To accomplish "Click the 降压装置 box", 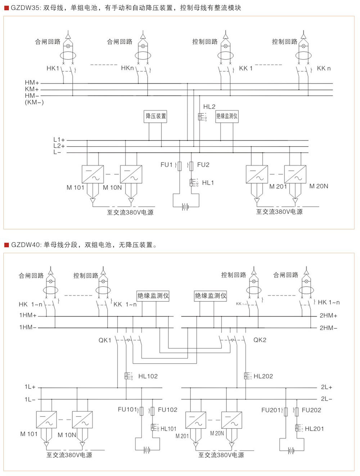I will click(156, 116).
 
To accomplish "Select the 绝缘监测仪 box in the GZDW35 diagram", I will click(227, 116).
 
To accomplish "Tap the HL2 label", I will click(209, 107).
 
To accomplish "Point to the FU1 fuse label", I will click(166, 165).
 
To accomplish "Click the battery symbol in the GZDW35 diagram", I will click(185, 207).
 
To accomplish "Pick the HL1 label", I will click(208, 183).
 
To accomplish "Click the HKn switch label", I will click(127, 68).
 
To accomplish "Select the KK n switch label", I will click(324, 68).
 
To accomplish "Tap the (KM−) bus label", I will click(34, 102).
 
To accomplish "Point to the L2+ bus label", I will click(59, 146).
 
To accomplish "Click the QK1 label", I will click(105, 340).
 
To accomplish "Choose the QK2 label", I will click(260, 340).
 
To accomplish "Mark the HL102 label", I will click(148, 376).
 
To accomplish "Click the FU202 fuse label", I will click(311, 410).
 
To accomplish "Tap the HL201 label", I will click(314, 429).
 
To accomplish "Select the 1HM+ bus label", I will click(28, 315).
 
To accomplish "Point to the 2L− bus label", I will click(327, 399).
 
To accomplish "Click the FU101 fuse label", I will click(127, 409).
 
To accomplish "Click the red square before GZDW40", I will click(6, 245).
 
